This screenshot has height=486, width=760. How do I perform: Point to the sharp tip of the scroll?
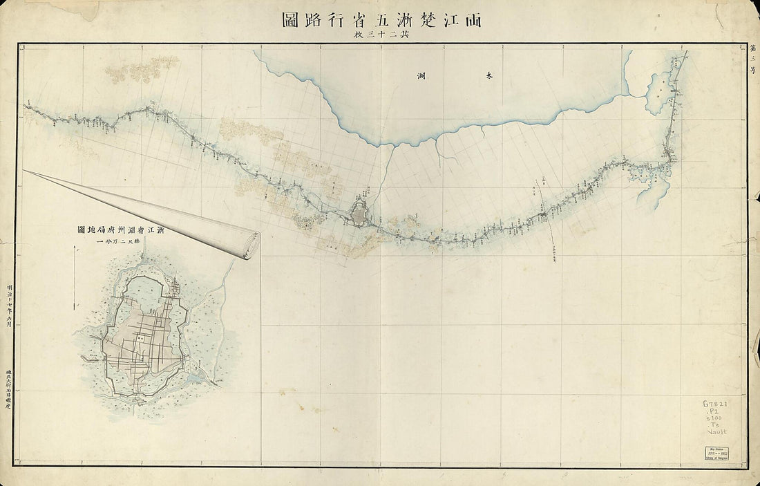[x=26, y=171]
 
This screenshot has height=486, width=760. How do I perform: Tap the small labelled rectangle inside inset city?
[x=140, y=339]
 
